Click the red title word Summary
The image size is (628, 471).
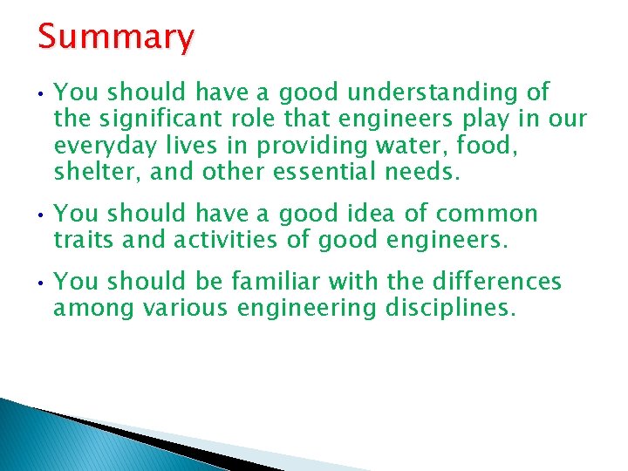pos(116,38)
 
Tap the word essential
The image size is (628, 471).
pos(327,171)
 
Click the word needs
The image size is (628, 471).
pos(420,171)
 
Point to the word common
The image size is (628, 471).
pos(487,214)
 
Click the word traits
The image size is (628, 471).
pos(84,240)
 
